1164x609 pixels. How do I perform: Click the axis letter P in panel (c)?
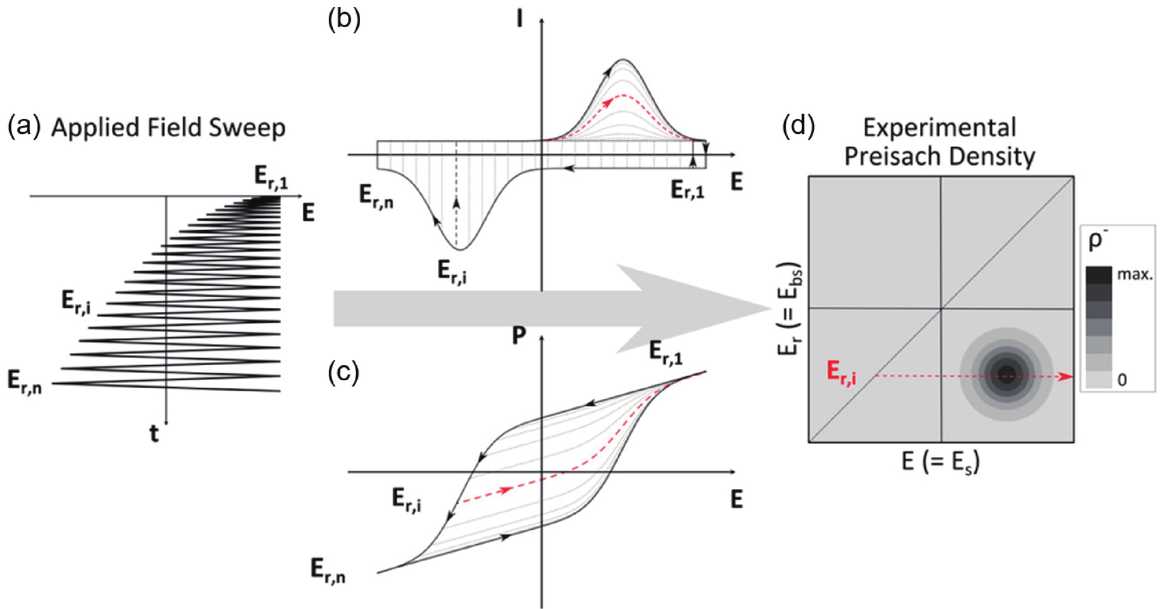point(519,336)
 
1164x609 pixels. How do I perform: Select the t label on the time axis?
point(154,434)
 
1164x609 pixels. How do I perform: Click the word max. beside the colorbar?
point(1135,274)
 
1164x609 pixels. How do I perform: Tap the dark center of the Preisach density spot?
point(1006,374)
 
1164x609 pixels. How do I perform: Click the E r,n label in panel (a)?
point(25,382)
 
